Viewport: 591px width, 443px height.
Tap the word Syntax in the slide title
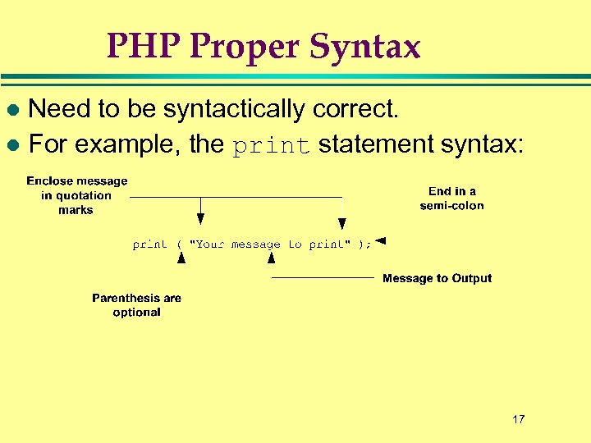[x=366, y=47]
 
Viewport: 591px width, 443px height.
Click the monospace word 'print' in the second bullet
[x=270, y=146]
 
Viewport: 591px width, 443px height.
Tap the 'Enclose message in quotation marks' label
[x=76, y=195]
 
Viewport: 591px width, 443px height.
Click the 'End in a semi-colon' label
[x=451, y=199]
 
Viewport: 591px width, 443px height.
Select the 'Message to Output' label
[x=437, y=278]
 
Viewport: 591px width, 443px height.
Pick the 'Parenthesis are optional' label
[x=136, y=305]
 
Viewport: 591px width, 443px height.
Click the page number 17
[x=518, y=419]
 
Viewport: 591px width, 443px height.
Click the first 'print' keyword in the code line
[x=149, y=244]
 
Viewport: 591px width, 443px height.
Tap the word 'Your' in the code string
[x=210, y=244]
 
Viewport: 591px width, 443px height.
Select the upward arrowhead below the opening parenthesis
[x=181, y=258]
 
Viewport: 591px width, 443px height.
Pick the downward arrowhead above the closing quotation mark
[x=342, y=223]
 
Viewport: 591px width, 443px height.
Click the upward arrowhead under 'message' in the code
[x=271, y=258]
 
